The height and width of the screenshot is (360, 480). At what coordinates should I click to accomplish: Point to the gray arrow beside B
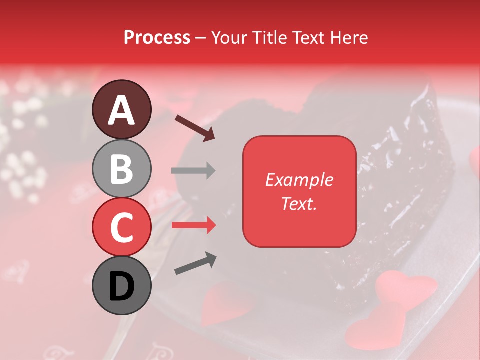click(x=193, y=170)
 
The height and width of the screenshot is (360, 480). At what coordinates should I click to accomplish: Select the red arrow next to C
click(x=194, y=225)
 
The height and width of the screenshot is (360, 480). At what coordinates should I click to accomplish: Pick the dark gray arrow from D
click(x=195, y=263)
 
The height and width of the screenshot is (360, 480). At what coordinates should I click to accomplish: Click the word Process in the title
click(x=157, y=38)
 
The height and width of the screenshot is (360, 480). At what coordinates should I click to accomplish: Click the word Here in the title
click(x=348, y=38)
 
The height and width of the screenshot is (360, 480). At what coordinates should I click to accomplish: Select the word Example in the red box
click(x=299, y=180)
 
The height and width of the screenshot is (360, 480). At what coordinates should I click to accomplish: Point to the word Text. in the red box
click(x=299, y=203)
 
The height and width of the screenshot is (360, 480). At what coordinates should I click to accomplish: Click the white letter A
click(x=121, y=110)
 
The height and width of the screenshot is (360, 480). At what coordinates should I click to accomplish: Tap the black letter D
click(x=121, y=287)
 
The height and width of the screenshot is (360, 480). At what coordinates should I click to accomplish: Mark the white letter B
click(x=121, y=169)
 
